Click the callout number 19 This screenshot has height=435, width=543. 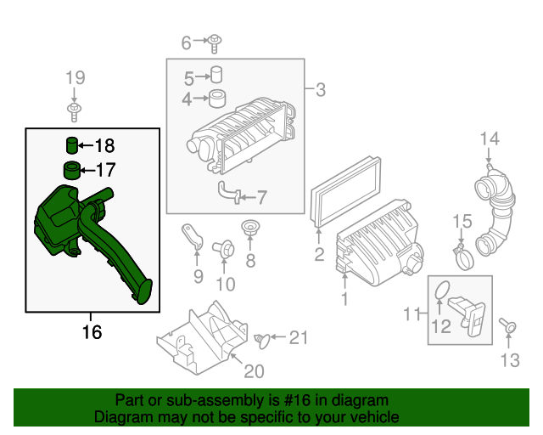[x=76, y=78]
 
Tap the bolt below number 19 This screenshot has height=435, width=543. [x=76, y=110]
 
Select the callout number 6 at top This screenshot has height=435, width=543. [x=187, y=41]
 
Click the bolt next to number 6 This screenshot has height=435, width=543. [x=216, y=39]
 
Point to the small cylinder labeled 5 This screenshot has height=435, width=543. [x=217, y=74]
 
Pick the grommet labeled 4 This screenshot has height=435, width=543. [x=216, y=99]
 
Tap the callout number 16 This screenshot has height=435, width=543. [x=92, y=332]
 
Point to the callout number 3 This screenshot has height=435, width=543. [x=321, y=89]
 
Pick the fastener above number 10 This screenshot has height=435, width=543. [x=226, y=249]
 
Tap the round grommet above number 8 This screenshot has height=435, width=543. [x=250, y=229]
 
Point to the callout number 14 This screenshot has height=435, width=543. [x=490, y=138]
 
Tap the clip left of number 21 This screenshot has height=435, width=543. [x=264, y=340]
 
